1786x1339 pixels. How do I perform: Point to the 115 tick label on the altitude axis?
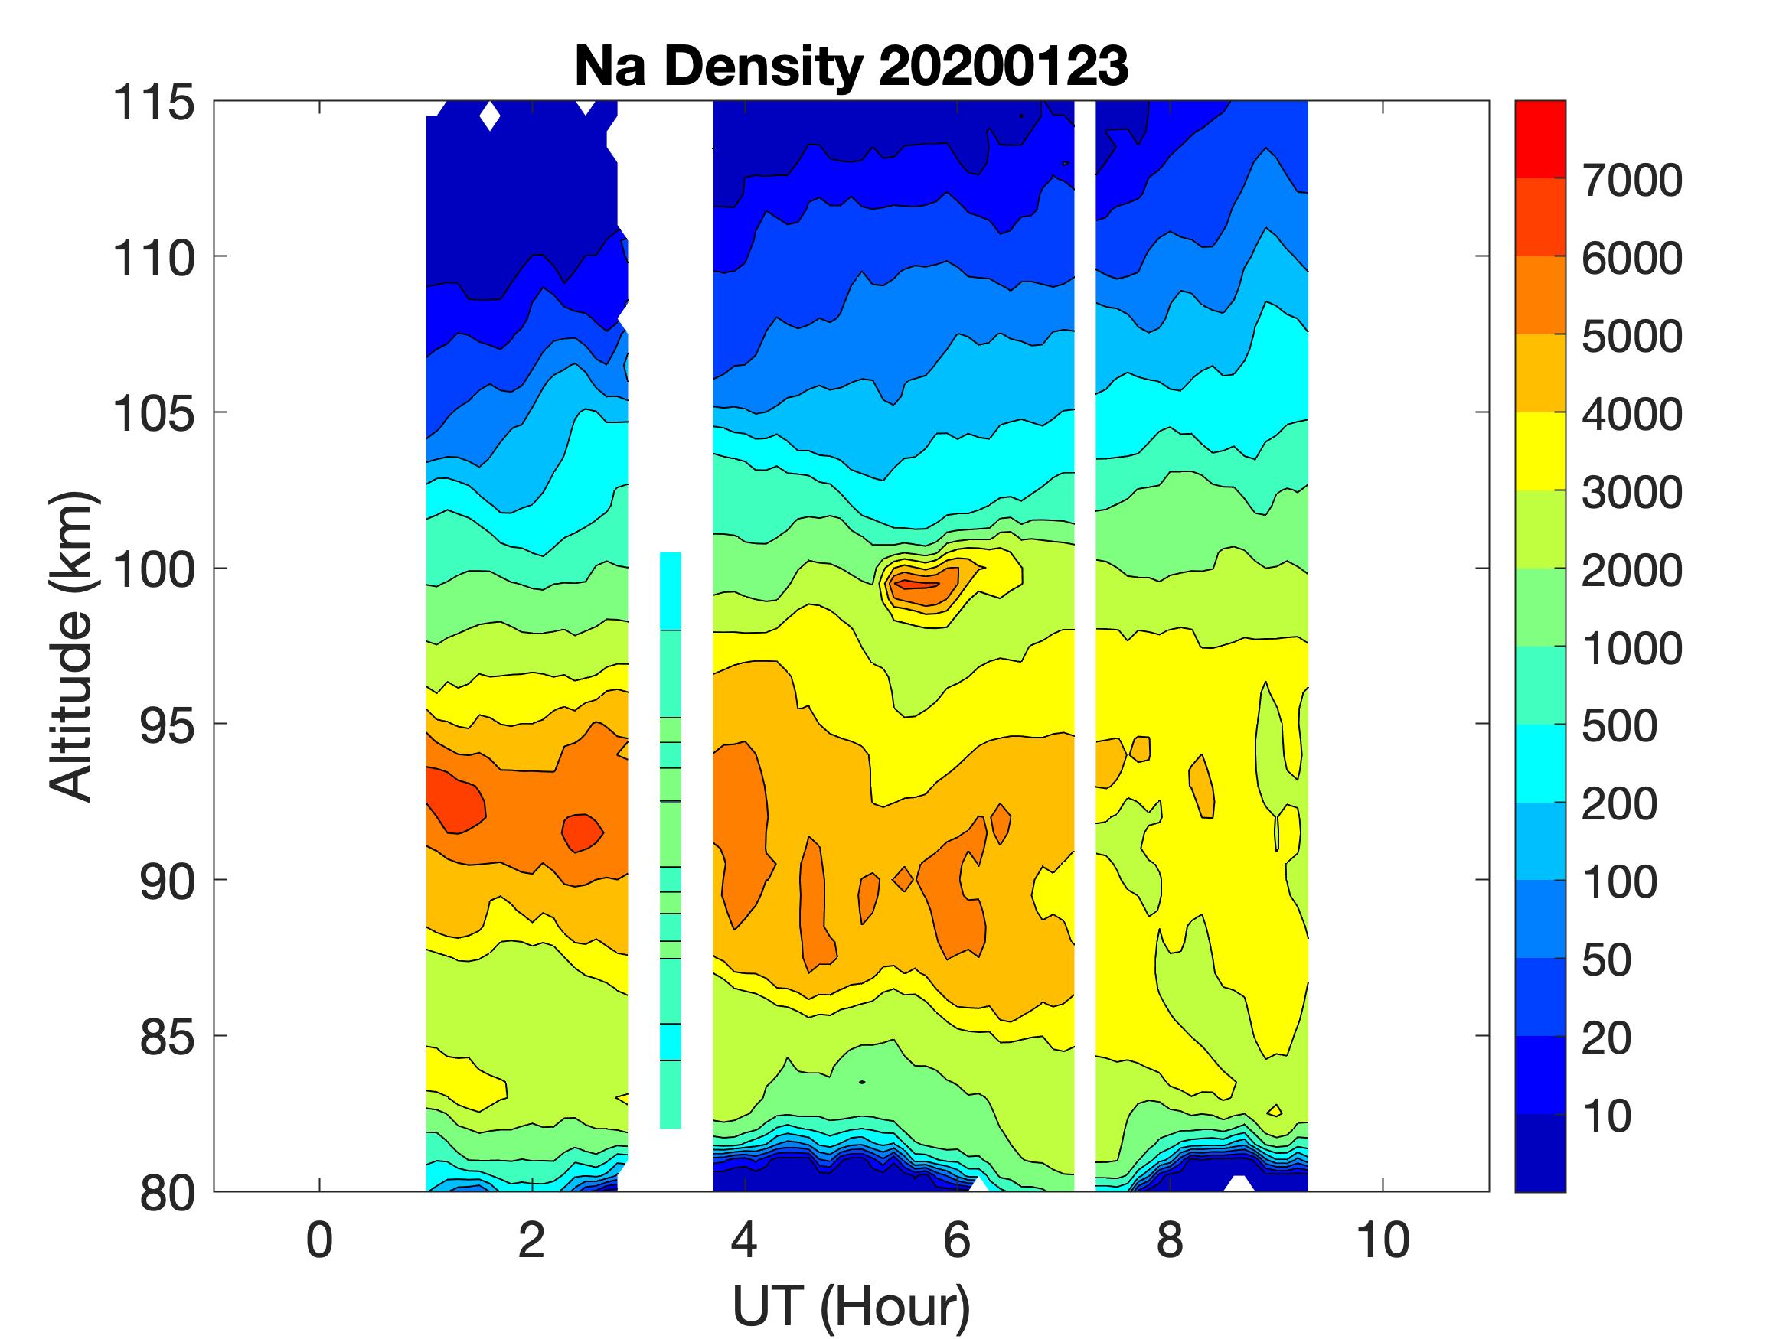(153, 103)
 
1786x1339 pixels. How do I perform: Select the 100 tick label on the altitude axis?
(153, 570)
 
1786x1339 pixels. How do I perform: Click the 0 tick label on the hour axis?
(320, 1240)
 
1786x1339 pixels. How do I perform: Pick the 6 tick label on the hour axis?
(957, 1240)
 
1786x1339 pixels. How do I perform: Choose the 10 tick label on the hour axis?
(1383, 1240)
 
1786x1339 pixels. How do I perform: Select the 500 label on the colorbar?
(1619, 726)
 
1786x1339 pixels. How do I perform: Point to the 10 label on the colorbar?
(1606, 1116)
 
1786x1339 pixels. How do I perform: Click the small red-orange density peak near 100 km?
(920, 583)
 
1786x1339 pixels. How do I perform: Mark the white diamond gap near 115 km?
(489, 116)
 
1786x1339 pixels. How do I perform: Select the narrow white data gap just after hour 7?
(1084, 646)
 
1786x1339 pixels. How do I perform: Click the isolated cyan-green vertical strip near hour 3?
(670, 839)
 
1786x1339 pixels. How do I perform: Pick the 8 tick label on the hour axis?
(1170, 1240)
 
